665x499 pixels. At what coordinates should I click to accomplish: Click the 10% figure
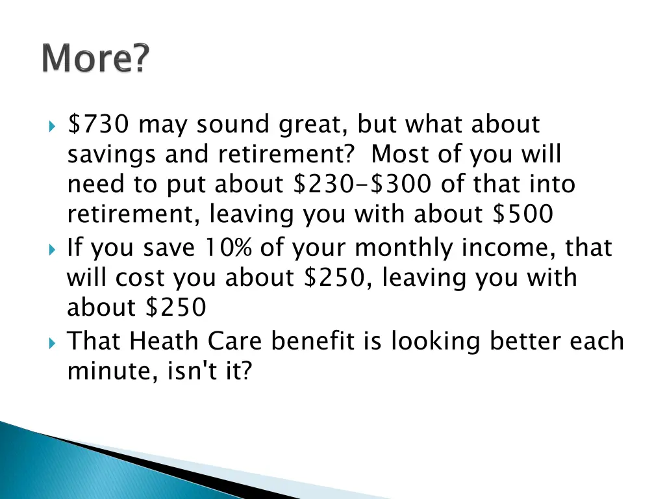[230, 248]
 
